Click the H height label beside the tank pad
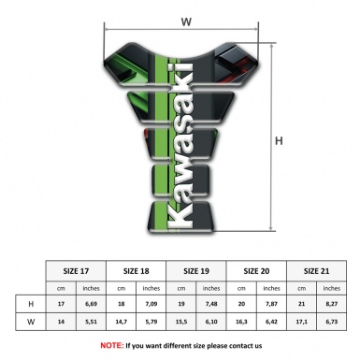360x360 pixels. click(x=278, y=140)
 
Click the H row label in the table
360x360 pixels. click(x=33, y=304)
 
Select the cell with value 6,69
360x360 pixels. click(x=92, y=304)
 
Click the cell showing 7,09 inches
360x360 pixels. click(x=151, y=304)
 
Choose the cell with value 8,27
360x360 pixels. click(x=331, y=304)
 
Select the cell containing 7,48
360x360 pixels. click(x=211, y=304)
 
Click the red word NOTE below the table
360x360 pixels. click(x=111, y=345)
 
